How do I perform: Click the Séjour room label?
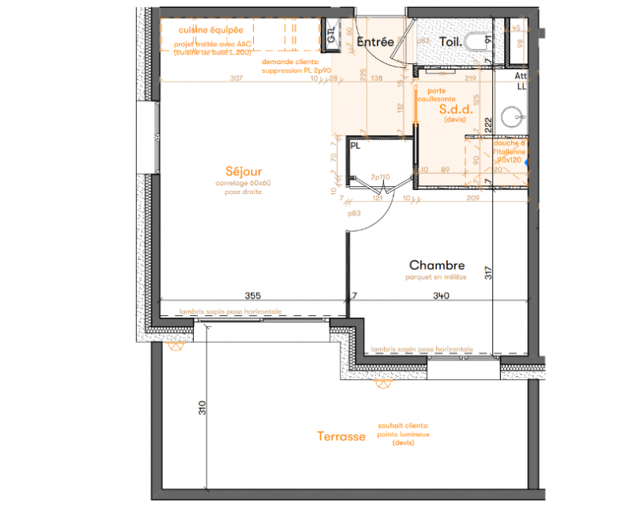[243, 171]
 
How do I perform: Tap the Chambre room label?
[437, 265]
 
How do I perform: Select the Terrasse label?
[341, 436]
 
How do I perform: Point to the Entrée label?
[375, 42]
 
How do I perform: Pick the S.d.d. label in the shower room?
[455, 111]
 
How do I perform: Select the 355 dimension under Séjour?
[253, 295]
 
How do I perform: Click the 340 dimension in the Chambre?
[441, 296]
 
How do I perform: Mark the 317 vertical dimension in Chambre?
[488, 273]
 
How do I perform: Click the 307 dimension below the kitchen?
[236, 78]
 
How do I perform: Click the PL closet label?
[355, 146]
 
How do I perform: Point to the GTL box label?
[332, 34]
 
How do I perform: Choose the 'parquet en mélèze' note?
[436, 277]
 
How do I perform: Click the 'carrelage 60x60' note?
[243, 183]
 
